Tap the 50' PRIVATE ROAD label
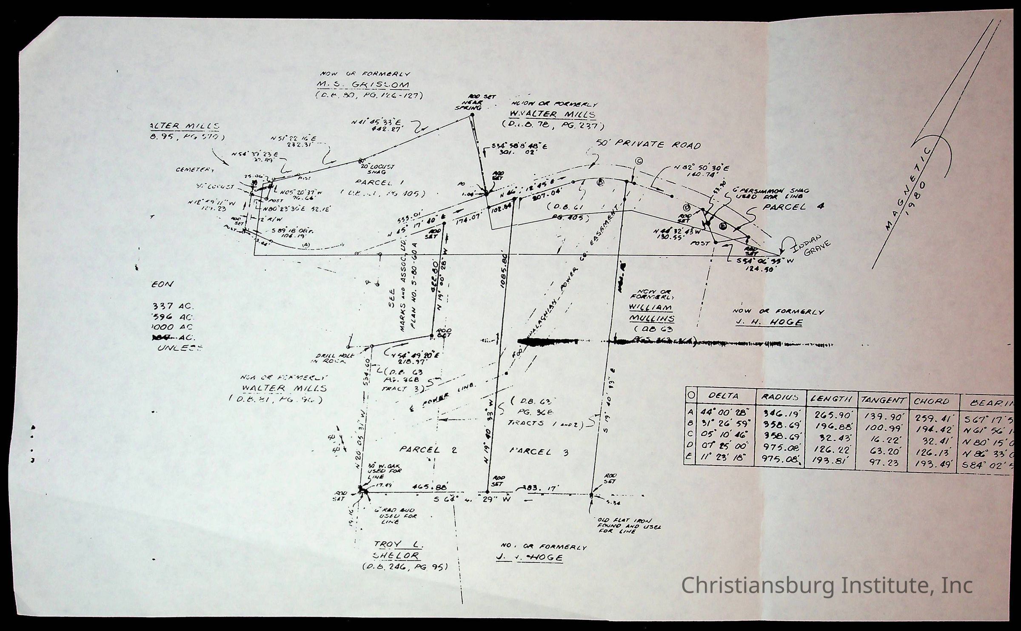click(x=659, y=145)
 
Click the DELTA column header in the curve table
click(x=724, y=396)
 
